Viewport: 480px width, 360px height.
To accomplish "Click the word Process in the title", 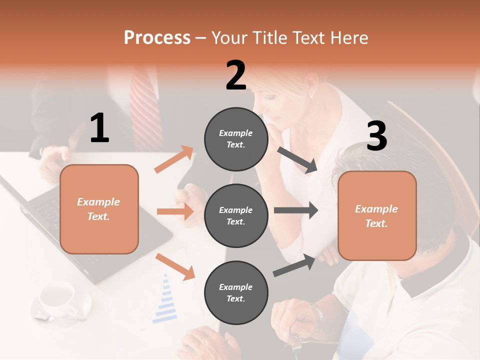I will pyautogui.click(x=157, y=38).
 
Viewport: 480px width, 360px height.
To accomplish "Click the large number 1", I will pyautogui.click(x=99, y=128).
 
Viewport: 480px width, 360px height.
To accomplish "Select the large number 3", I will pyautogui.click(x=376, y=136).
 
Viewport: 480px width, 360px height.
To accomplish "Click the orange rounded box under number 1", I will pyautogui.click(x=99, y=209).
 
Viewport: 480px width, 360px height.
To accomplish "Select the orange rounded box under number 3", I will pyautogui.click(x=377, y=215).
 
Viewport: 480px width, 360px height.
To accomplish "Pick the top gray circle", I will pyautogui.click(x=236, y=139).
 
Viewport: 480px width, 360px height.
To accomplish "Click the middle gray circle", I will pyautogui.click(x=236, y=215).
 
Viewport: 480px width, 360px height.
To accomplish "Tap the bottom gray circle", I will pyautogui.click(x=236, y=292).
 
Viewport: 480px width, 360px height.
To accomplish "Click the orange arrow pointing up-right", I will pyautogui.click(x=174, y=159).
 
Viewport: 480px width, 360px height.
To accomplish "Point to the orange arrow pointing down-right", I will pyautogui.click(x=175, y=266).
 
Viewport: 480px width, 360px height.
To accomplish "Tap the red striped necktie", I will pyautogui.click(x=146, y=107).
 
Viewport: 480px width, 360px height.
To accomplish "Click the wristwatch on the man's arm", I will pyautogui.click(x=316, y=315).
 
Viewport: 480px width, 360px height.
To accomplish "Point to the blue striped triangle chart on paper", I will pyautogui.click(x=165, y=300).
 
